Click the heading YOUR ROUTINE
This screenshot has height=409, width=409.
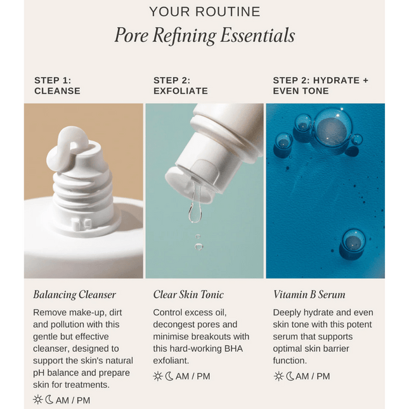point(205,12)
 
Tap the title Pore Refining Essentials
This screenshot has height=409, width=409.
point(205,36)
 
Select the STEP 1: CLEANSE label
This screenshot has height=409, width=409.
point(57,86)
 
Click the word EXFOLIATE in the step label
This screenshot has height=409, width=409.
point(181,91)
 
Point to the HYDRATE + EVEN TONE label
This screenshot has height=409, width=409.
point(320,86)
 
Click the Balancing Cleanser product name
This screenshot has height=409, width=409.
point(74,295)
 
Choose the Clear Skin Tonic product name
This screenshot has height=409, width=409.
point(188,294)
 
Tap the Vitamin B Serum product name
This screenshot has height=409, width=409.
point(309,294)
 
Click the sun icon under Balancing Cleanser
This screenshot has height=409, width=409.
point(37,399)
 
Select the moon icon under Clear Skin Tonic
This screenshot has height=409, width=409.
point(169,376)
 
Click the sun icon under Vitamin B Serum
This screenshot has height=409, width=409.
point(278,376)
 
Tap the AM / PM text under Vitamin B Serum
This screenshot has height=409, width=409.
point(313,376)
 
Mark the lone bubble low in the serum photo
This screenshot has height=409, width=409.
point(353,242)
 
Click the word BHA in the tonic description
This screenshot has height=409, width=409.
point(233,349)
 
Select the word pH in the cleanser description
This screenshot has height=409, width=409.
point(39,373)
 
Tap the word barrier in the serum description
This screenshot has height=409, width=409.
point(336,349)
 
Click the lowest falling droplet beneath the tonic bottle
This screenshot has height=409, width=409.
point(198,247)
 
